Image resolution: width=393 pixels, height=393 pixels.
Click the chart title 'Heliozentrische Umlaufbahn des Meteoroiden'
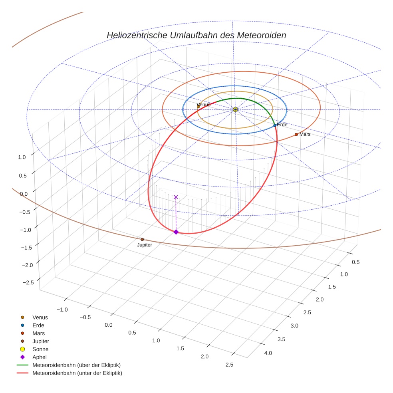(196, 35)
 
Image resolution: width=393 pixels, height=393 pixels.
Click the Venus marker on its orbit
(198, 106)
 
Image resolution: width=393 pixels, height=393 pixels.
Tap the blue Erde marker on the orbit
(275, 125)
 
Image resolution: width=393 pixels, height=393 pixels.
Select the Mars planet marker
(296, 135)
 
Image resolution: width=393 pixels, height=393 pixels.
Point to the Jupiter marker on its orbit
(142, 240)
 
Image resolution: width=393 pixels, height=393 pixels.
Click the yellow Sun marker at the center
(235, 109)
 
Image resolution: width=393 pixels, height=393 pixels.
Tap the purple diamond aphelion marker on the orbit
(176, 232)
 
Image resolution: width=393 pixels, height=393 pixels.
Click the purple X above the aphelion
(176, 197)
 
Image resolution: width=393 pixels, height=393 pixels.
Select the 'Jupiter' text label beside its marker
(145, 245)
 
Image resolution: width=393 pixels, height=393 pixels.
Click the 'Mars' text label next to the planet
(305, 135)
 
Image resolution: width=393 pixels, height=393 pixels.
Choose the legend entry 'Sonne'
(40, 349)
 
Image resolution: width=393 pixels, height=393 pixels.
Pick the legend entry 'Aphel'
(40, 357)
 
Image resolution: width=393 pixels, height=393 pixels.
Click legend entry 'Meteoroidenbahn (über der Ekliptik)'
(76, 365)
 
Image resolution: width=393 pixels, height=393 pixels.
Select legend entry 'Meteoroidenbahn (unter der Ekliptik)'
(77, 373)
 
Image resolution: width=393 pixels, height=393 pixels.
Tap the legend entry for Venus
(40, 317)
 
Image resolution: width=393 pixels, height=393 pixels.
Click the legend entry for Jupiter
(41, 341)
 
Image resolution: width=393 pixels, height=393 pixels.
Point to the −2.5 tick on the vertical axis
(28, 282)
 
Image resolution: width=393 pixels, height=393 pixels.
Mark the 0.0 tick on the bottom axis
(108, 325)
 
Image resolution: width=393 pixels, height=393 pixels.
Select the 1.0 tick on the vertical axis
(22, 157)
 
